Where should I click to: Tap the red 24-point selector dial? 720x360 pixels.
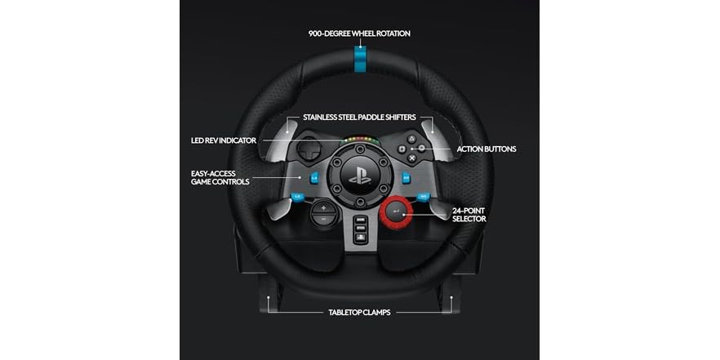tap(396, 211)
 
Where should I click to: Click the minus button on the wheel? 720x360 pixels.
tap(323, 219)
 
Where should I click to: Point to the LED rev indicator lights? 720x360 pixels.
tap(359, 140)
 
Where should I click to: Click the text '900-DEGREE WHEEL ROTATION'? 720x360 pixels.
tap(359, 33)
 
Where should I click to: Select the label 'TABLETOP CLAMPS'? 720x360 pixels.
tap(359, 312)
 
